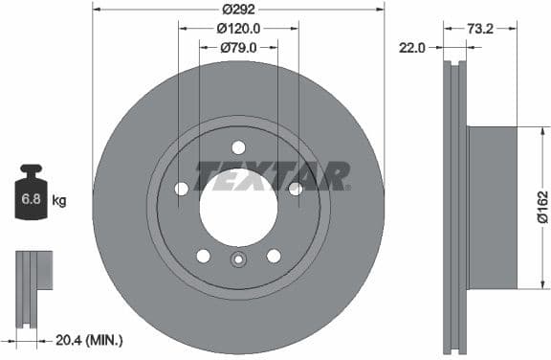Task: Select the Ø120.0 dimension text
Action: click(x=238, y=29)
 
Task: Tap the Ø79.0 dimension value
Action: click(x=238, y=47)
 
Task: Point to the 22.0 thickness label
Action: click(x=413, y=47)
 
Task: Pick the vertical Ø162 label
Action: click(x=541, y=207)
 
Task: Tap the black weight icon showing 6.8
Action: click(x=31, y=195)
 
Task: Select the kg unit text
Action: click(x=59, y=201)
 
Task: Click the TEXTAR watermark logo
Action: click(x=272, y=176)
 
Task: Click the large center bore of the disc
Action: click(x=238, y=207)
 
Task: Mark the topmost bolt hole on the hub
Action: click(x=238, y=146)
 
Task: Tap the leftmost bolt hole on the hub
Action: click(x=182, y=189)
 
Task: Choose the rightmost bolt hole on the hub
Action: click(x=296, y=189)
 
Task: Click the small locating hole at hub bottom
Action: click(x=238, y=259)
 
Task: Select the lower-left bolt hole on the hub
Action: click(x=203, y=256)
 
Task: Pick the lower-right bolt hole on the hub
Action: click(x=274, y=256)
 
